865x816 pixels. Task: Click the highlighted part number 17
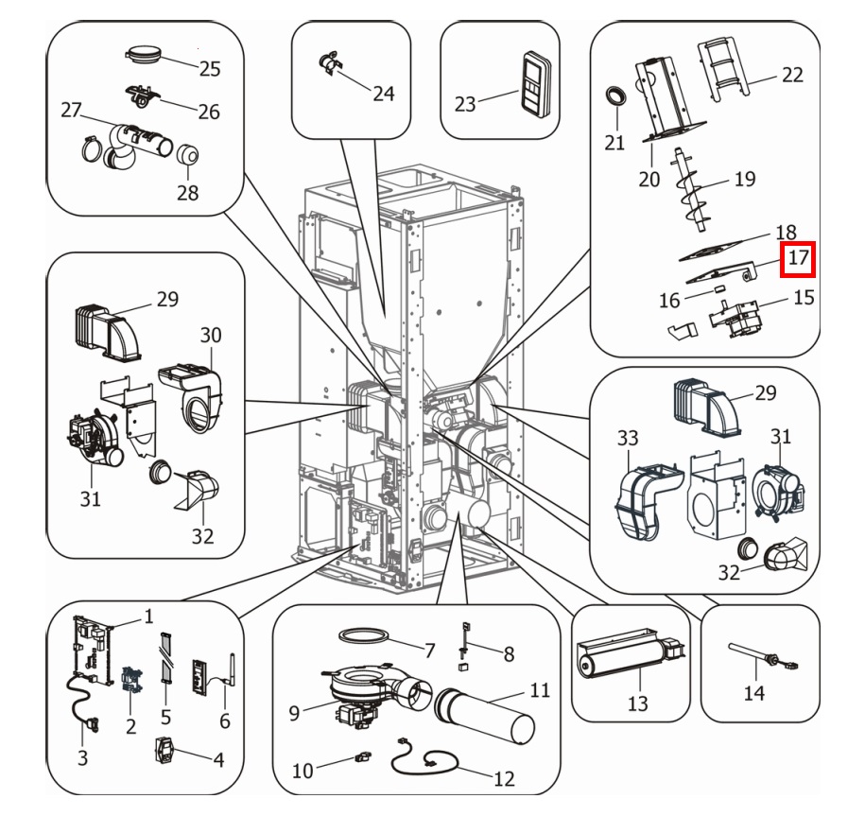[798, 257]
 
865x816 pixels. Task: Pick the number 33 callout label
[628, 438]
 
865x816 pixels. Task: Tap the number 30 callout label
[211, 335]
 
